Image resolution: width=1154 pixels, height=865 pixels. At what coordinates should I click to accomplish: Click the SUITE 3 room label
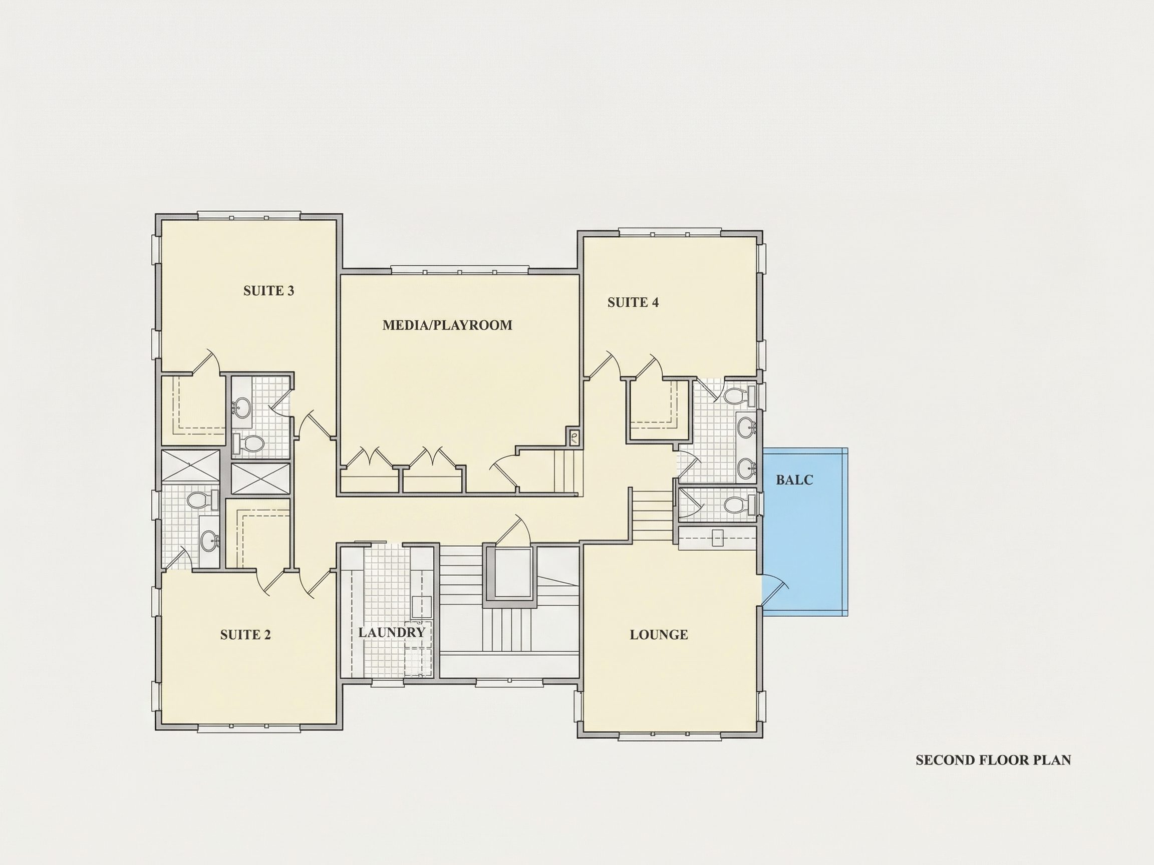[x=268, y=291]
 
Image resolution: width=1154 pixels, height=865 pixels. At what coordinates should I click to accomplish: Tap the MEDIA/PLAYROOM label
[x=448, y=325]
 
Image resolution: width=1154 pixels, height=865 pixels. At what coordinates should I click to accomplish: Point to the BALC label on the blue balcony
[x=794, y=480]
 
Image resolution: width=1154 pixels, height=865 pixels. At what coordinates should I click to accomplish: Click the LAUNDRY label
[x=392, y=632]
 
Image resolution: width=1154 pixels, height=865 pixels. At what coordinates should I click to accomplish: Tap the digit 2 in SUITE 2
[x=267, y=635]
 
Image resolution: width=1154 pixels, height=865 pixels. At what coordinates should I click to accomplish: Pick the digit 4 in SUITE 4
[x=655, y=302]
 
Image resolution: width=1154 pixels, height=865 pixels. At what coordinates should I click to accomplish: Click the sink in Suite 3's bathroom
[x=242, y=407]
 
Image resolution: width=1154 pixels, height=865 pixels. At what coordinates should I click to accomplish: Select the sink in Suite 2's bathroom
[x=210, y=541]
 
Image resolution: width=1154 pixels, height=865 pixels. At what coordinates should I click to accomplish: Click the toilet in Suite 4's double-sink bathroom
[x=740, y=395]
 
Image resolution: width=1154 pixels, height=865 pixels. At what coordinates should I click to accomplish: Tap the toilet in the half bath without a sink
[x=740, y=504]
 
